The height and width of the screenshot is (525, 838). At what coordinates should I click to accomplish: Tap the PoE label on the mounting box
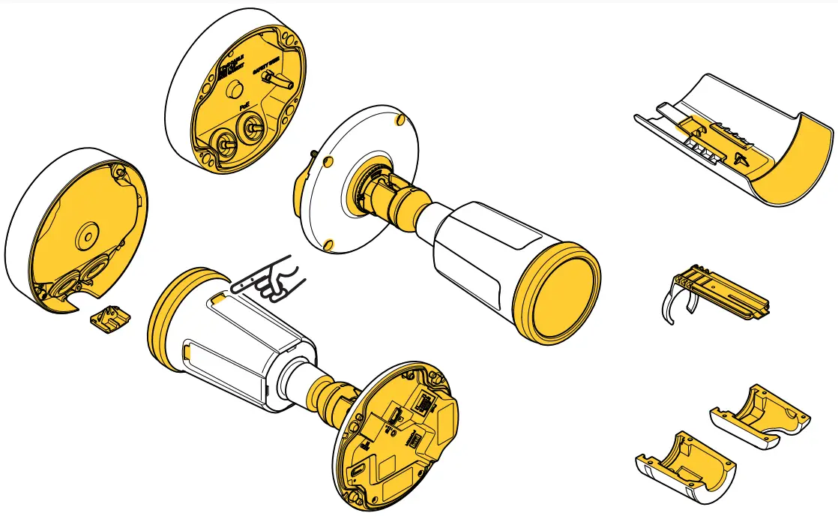click(244, 108)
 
